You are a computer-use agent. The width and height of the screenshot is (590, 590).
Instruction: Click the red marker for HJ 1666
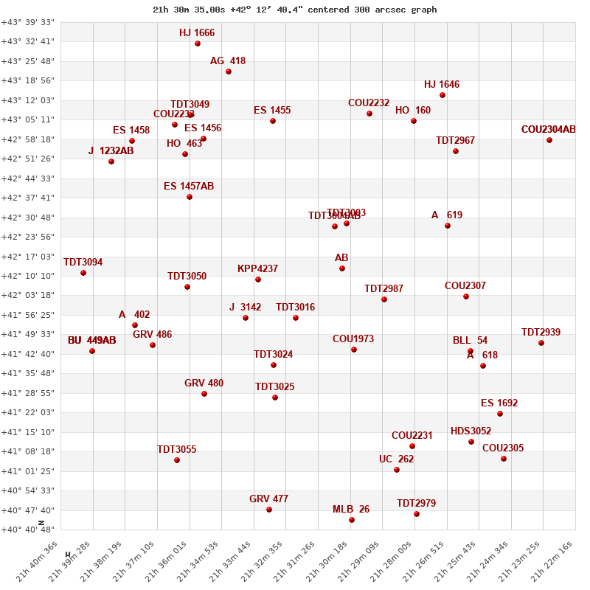[x=198, y=44]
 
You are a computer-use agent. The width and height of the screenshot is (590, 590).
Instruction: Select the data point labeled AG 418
[x=229, y=72]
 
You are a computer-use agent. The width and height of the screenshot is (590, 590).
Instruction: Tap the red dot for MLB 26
[x=352, y=520]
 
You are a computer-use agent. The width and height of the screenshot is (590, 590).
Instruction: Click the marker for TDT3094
[x=83, y=273]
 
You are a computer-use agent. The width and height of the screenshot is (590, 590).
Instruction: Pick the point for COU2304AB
[x=549, y=140]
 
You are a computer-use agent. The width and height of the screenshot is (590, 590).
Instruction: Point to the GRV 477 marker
[x=269, y=510]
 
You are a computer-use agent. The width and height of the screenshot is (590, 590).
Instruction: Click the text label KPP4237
[x=257, y=269]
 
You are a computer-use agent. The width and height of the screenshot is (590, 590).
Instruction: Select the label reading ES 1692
[x=499, y=403]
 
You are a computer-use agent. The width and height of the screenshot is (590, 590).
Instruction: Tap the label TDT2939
[x=541, y=333]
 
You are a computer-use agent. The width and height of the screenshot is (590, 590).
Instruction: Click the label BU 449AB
[x=91, y=341]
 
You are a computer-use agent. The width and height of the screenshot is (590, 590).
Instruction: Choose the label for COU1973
[x=353, y=339]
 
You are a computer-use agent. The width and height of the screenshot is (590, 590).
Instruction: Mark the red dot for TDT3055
[x=177, y=460]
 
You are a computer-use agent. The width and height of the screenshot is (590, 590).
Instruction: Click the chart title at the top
[x=294, y=10]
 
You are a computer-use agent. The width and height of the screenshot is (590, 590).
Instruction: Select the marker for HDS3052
[x=471, y=442]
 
